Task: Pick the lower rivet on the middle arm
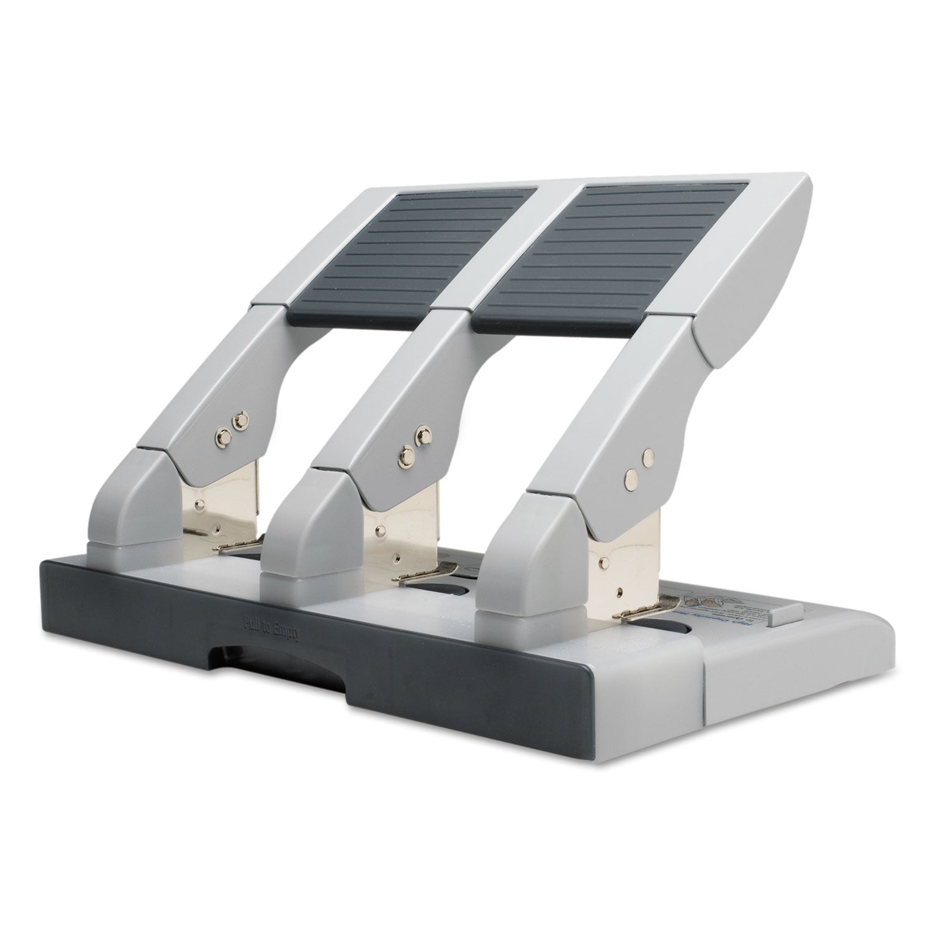click(406, 454)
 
